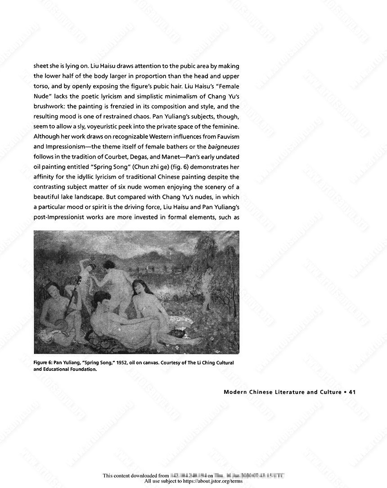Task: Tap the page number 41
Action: click(x=352, y=392)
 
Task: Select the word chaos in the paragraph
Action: click(x=135, y=116)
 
